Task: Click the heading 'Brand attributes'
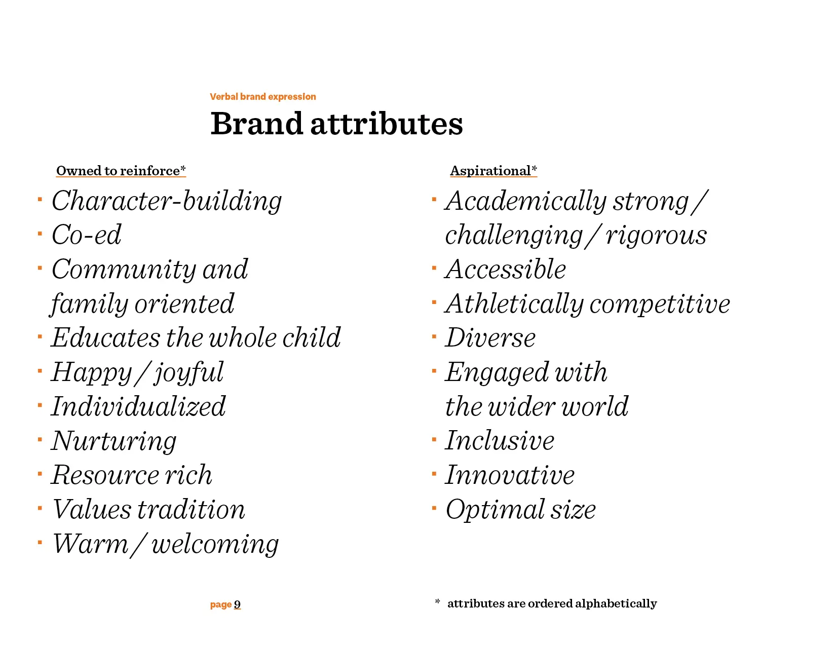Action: point(336,124)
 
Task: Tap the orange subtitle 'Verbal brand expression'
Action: point(263,97)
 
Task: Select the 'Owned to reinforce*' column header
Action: point(121,170)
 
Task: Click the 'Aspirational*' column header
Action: point(493,170)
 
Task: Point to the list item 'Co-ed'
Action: point(87,235)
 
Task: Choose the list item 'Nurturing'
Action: point(114,441)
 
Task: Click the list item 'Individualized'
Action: point(138,406)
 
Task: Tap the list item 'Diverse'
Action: point(490,338)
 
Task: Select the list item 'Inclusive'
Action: point(500,440)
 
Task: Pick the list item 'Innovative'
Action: point(510,475)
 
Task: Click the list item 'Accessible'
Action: point(506,269)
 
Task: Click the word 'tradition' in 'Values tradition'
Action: point(191,509)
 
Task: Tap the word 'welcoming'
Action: point(215,545)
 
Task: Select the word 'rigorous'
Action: point(656,236)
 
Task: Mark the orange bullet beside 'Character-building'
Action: point(40,199)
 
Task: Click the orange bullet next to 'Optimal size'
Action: point(434,508)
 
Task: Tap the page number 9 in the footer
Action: point(237,604)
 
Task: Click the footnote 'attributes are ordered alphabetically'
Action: point(552,603)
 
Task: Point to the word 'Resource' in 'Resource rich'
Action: point(105,475)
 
